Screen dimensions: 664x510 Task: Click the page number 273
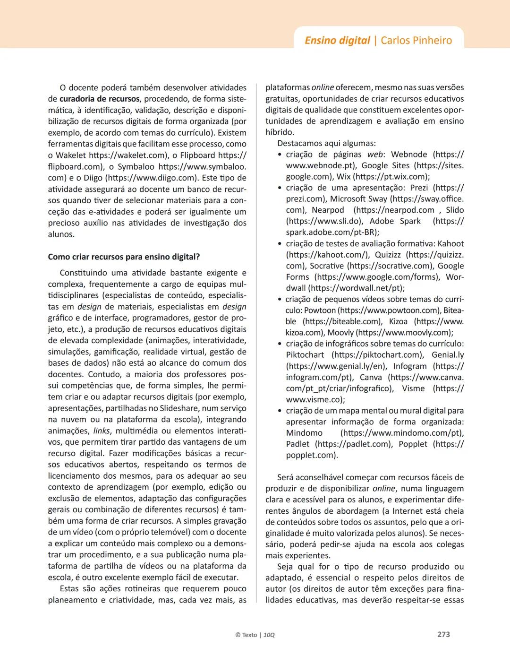[443, 634]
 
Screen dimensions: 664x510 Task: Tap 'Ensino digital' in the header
[337, 40]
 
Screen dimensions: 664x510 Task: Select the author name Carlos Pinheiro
[416, 40]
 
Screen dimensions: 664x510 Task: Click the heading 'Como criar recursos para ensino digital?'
[124, 257]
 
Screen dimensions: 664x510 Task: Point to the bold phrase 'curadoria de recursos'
[99, 99]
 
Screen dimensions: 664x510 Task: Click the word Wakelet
[71, 155]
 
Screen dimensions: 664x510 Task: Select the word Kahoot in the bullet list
[450, 243]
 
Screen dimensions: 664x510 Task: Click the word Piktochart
[305, 354]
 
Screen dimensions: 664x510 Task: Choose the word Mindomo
[304, 433]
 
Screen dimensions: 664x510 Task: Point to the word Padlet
[297, 444]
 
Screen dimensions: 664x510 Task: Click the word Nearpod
[328, 210]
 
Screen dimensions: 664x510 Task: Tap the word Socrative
[326, 266]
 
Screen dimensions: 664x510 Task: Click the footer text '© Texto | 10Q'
[255, 635]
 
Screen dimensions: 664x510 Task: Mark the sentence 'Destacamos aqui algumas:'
[326, 143]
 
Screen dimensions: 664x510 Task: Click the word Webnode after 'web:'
[409, 154]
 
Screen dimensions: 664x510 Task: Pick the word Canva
[371, 377]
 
